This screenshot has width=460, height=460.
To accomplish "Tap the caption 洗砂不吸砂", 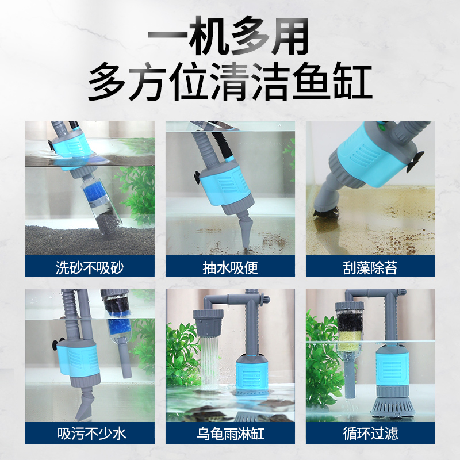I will tap(90, 267).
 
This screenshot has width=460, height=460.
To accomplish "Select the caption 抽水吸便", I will tap(230, 267).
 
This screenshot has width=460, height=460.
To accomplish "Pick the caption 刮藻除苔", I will tap(370, 267).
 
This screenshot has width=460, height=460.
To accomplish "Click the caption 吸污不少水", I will tap(90, 433).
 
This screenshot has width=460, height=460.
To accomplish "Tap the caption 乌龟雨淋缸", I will tap(230, 433).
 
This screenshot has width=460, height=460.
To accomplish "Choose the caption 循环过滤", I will tap(370, 433).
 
